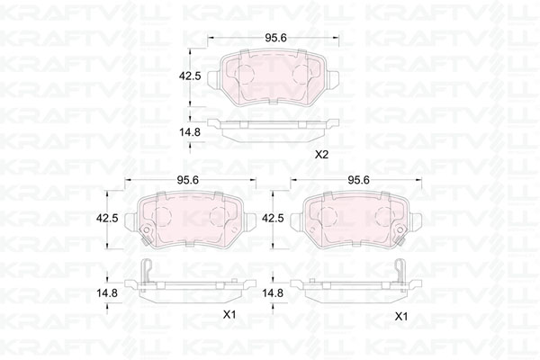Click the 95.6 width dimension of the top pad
pos(275,38)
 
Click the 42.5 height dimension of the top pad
pos(189,76)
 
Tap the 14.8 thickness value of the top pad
pos(189,132)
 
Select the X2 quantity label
pos(322,155)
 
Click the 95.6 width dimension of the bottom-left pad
pos(187,180)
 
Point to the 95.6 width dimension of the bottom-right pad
pos(358,180)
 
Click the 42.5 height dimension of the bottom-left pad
pos(107,218)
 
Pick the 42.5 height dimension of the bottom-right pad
pos(273,218)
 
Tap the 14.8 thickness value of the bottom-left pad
pos(107,293)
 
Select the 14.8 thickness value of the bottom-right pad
pos(273,293)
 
